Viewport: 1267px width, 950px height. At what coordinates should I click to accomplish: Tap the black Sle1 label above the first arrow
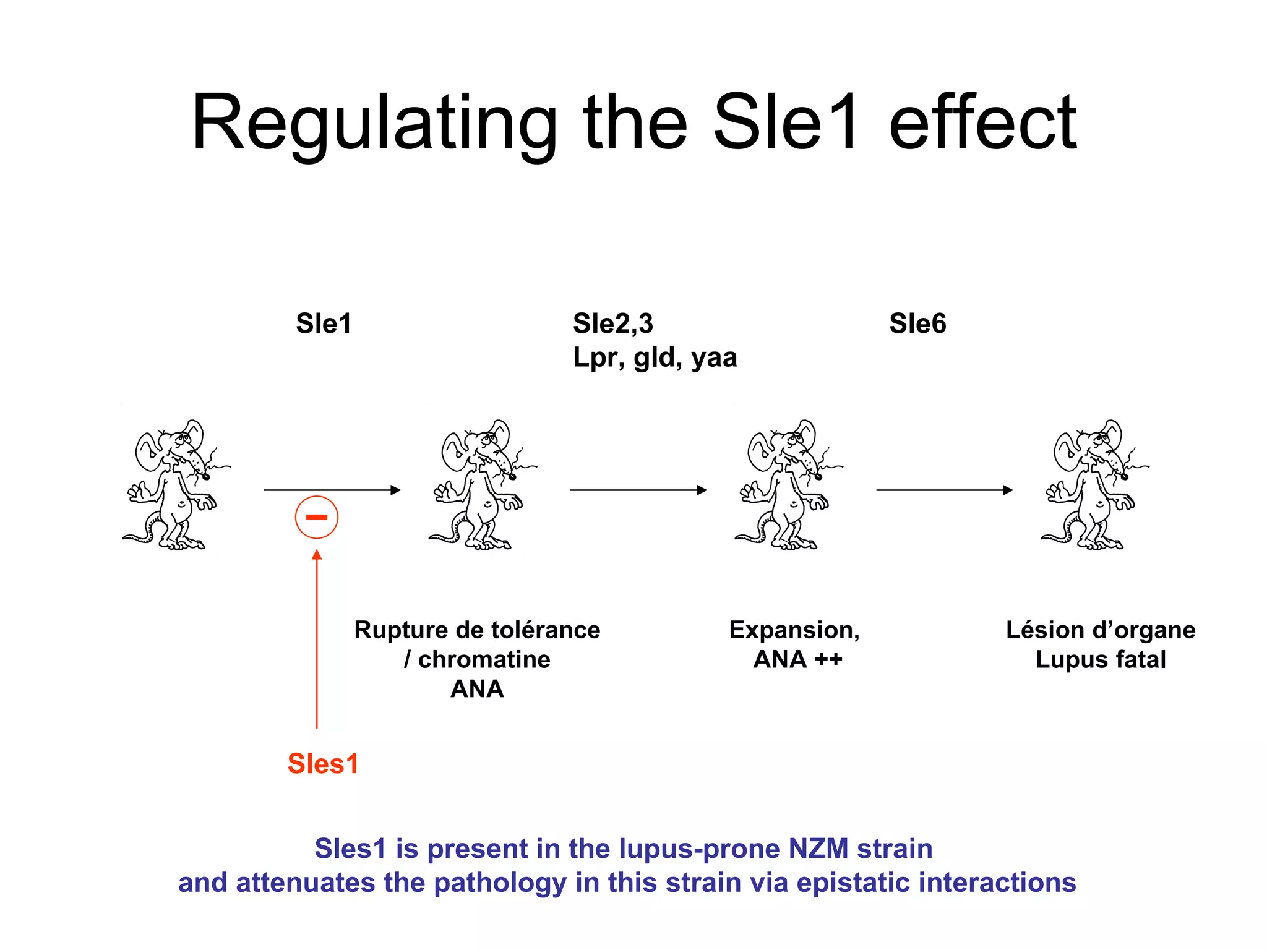point(324,323)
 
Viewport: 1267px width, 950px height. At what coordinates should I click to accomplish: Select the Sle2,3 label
point(612,323)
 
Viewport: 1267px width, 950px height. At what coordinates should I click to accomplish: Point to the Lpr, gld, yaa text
point(655,357)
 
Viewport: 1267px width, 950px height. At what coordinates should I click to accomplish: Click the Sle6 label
point(917,323)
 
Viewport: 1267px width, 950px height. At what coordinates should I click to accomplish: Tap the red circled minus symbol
point(316,517)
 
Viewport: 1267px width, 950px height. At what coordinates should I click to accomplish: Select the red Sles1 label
point(323,764)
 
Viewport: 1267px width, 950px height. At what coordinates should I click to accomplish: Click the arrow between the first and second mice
point(332,490)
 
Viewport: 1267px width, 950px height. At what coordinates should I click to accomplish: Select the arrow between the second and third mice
point(638,490)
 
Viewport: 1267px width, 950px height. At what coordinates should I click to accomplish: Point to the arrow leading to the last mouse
point(944,490)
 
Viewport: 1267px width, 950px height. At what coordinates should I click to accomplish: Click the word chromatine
point(484,659)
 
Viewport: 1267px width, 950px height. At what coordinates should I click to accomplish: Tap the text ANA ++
point(797,659)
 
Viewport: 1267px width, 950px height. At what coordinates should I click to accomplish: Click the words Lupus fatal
point(1101,659)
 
